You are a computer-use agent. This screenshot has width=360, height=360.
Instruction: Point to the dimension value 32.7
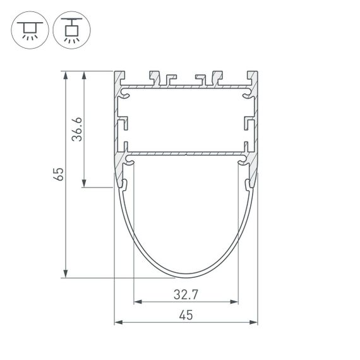(186, 294)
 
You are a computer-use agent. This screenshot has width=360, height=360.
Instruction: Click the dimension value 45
(186, 315)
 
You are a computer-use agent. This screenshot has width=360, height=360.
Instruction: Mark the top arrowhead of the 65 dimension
(65, 75)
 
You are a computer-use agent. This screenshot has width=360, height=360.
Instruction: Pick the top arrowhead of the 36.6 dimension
(84, 75)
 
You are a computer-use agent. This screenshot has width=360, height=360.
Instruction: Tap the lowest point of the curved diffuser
(186, 276)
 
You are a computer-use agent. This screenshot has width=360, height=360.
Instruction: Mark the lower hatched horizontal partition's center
(186, 154)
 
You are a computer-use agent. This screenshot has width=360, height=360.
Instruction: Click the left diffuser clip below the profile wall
(124, 184)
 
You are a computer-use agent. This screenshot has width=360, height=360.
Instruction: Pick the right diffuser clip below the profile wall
(248, 184)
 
